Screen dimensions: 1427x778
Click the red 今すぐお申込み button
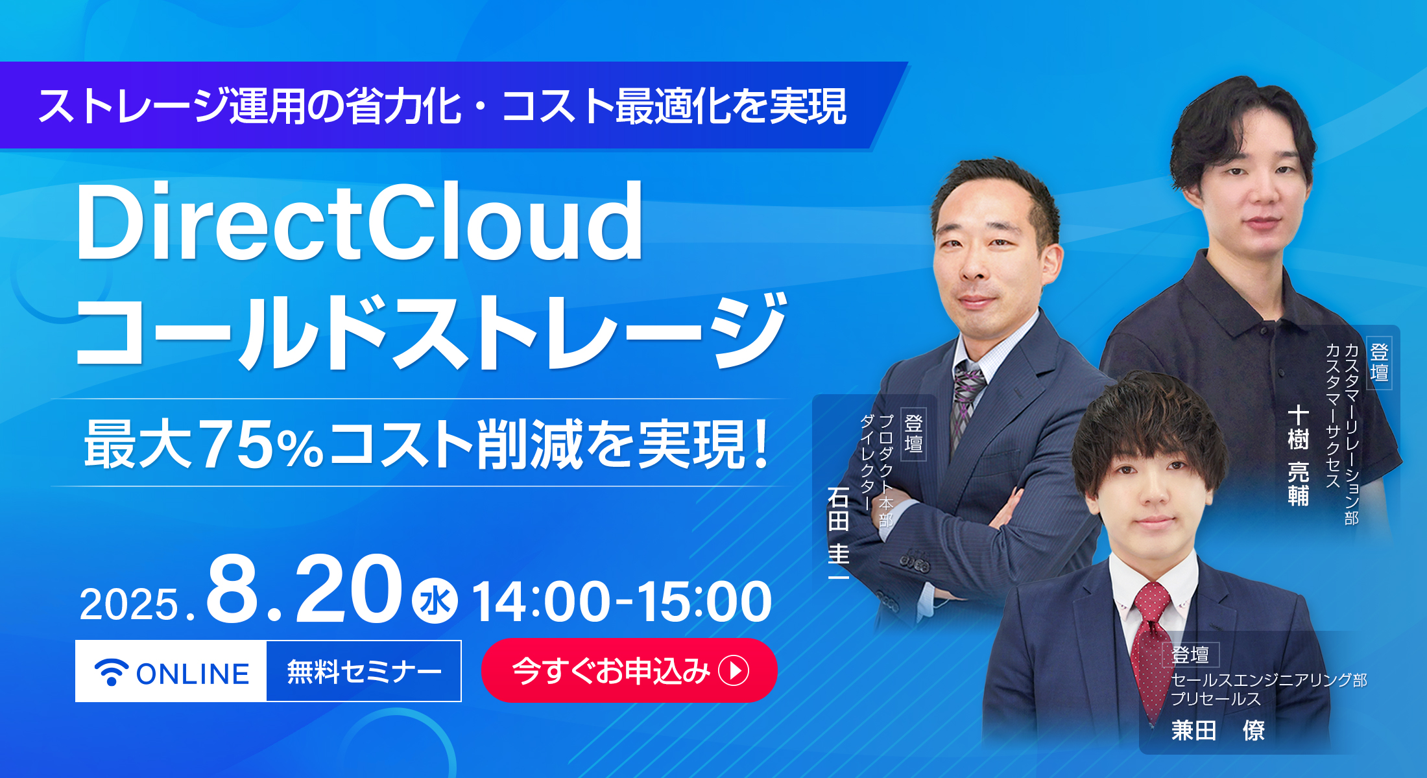tap(629, 670)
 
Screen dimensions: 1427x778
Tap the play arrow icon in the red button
tap(734, 670)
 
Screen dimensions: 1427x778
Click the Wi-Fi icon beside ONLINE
tap(112, 672)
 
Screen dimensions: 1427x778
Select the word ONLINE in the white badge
tap(193, 674)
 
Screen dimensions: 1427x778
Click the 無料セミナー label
tap(364, 672)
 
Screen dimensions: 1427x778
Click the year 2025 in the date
tap(128, 604)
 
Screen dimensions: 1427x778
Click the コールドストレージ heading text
tap(431, 332)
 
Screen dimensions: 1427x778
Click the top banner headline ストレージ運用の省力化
tap(250, 106)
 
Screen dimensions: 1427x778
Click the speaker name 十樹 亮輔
tap(1298, 456)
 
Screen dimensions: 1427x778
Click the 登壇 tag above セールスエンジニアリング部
tap(1190, 655)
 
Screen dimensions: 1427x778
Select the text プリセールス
tap(1216, 699)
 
